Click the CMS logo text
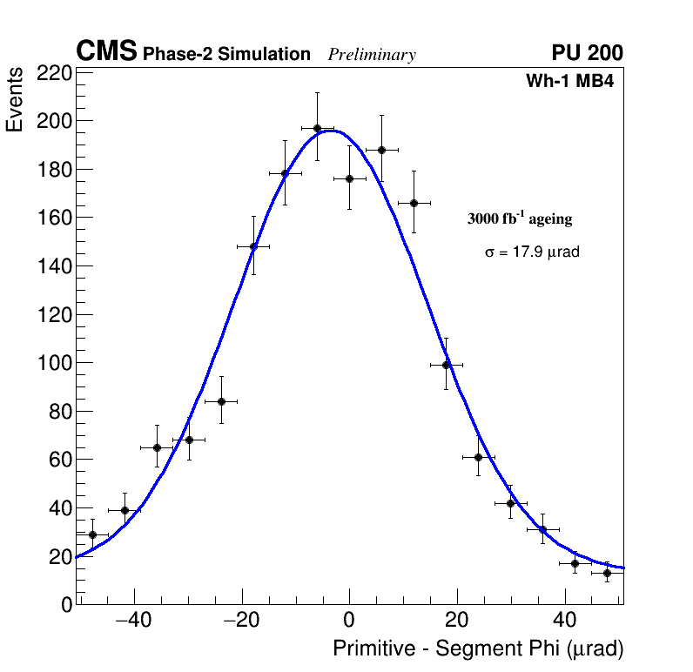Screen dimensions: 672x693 (x=106, y=52)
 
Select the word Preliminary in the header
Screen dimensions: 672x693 (x=372, y=56)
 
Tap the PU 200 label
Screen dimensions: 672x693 (x=587, y=53)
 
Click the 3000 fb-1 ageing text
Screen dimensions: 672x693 (x=520, y=219)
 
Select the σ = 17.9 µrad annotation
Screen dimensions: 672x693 (x=532, y=252)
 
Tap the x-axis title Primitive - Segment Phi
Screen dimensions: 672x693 (x=478, y=649)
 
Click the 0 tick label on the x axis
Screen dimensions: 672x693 (x=349, y=621)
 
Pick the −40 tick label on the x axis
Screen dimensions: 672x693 (x=133, y=621)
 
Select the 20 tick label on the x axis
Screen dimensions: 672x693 (x=457, y=621)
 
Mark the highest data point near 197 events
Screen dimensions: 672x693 (x=318, y=128)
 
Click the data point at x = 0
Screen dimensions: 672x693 (x=349, y=178)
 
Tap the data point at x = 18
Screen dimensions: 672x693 (x=447, y=365)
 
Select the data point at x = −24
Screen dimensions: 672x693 (x=221, y=401)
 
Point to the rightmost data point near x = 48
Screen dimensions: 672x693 (x=608, y=573)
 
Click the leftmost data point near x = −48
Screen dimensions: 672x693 (x=92, y=534)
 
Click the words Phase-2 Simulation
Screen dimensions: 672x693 (x=226, y=55)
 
